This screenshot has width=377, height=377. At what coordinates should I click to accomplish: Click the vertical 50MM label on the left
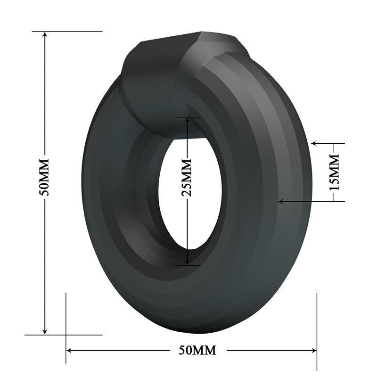(x=45, y=177)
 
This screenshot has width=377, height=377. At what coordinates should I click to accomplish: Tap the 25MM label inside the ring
(x=187, y=177)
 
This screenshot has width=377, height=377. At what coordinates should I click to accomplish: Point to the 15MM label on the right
(x=334, y=172)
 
